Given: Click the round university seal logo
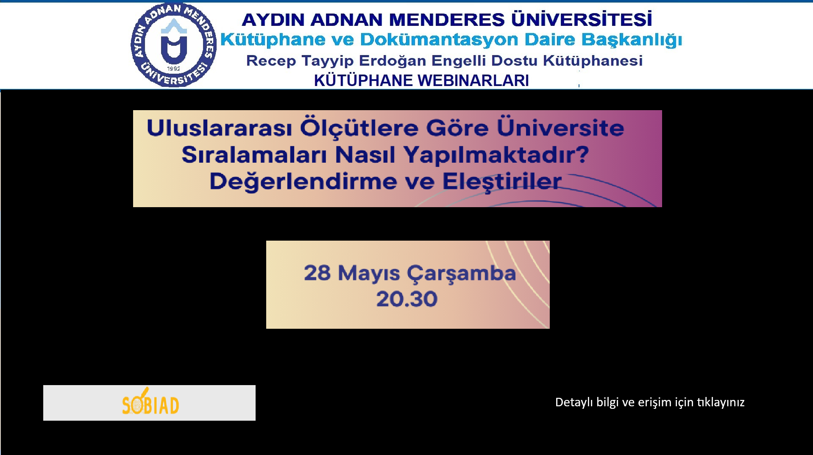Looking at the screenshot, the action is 174,45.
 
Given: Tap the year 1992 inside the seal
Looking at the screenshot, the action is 173,69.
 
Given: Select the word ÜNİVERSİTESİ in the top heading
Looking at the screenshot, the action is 582,19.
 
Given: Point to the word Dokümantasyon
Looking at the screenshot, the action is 439,39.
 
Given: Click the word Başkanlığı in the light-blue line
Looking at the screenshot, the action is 632,40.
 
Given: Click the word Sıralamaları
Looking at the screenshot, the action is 254,155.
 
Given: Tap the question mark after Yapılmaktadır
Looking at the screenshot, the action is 583,154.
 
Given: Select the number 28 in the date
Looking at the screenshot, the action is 317,273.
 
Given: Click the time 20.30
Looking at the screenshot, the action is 407,299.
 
